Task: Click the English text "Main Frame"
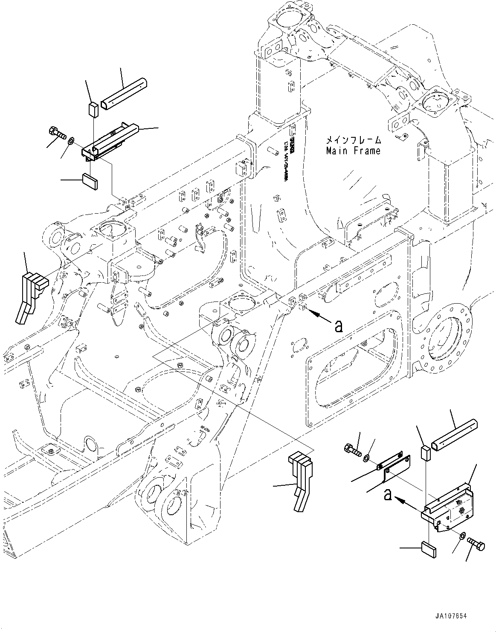point(353,151)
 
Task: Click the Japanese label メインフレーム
point(353,140)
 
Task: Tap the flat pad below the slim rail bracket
point(90,180)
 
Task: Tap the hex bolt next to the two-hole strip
point(352,450)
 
